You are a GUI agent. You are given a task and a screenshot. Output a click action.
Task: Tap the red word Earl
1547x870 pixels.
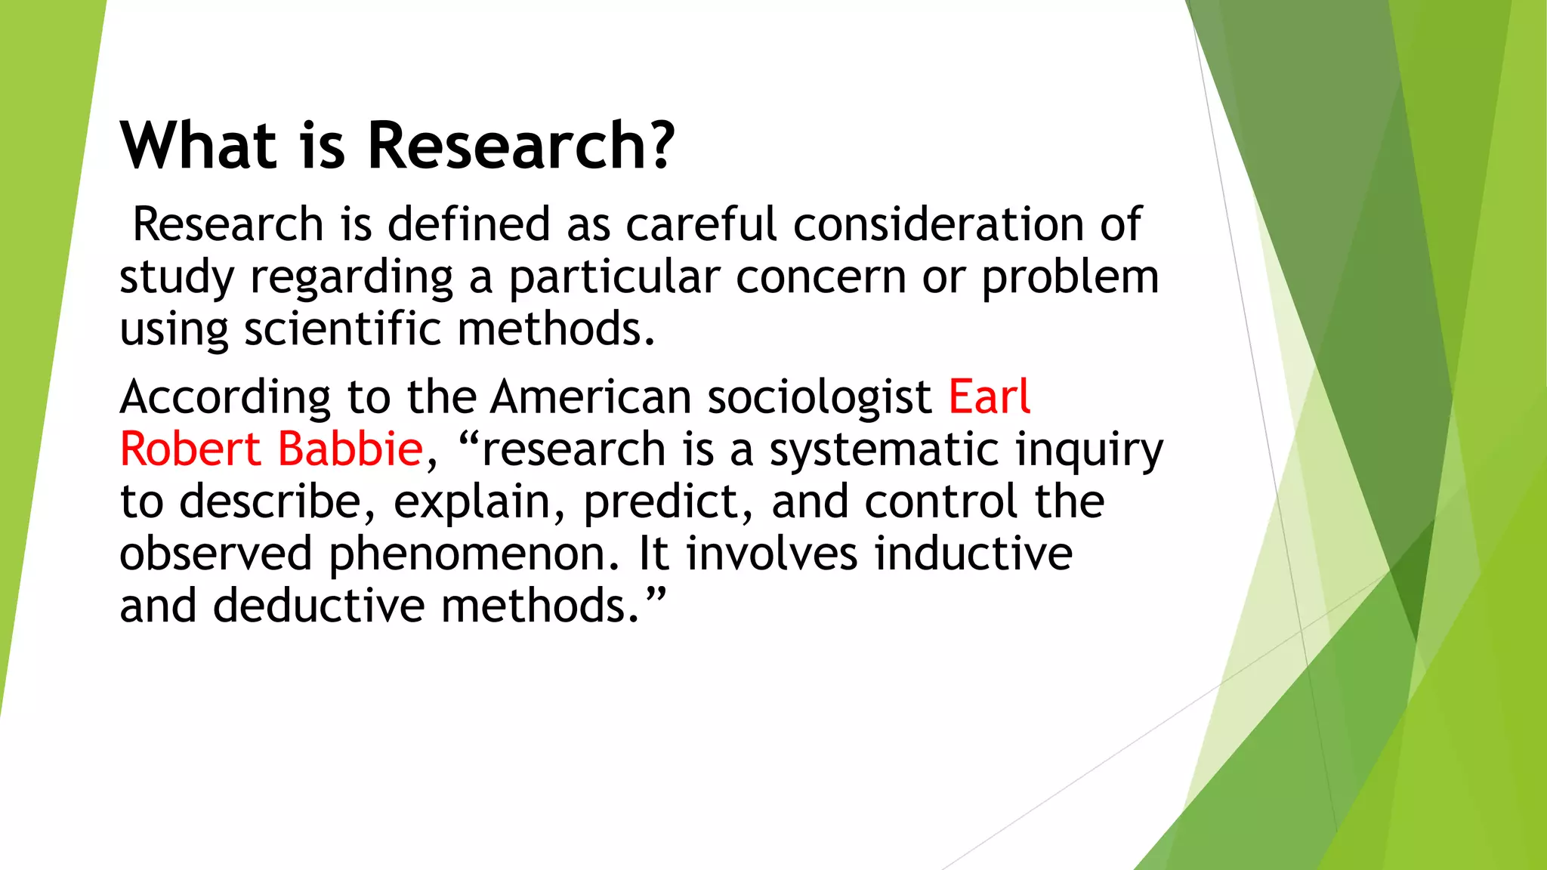(989, 397)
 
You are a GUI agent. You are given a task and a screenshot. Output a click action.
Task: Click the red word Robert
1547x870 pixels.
(190, 449)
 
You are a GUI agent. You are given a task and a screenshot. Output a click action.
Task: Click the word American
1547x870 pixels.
(591, 397)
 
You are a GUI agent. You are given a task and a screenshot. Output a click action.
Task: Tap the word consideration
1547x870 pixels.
(938, 225)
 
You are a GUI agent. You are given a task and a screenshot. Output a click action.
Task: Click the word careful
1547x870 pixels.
(700, 225)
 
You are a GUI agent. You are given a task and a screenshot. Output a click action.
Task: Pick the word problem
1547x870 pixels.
(1070, 278)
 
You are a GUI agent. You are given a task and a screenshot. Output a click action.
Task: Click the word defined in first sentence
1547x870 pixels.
(468, 225)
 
